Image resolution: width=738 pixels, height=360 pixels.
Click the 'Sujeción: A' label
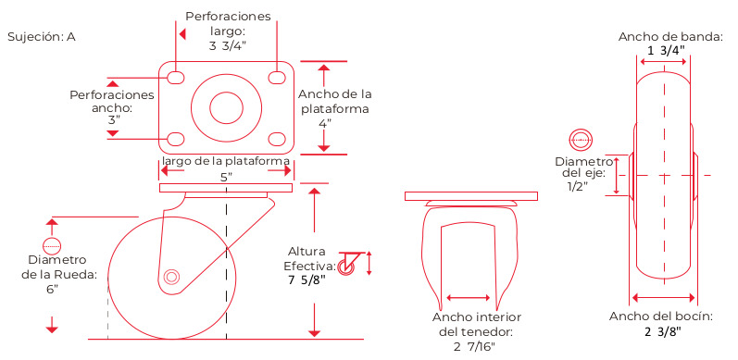42,37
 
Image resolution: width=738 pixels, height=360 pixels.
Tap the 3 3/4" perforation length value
228,46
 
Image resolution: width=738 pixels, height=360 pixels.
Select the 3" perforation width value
114,120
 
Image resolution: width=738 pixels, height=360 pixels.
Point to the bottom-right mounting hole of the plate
277,140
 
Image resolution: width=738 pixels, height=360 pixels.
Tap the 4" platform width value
325,124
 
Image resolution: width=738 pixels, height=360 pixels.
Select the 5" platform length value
227,178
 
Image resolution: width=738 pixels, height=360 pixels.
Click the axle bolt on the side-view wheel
171,277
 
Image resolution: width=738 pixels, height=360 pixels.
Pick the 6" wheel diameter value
52,290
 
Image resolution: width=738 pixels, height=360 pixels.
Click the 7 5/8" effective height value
306,280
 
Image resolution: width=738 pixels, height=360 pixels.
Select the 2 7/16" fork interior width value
474,347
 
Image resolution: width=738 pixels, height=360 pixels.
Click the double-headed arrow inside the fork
469,297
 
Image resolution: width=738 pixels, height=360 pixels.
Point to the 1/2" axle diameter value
578,186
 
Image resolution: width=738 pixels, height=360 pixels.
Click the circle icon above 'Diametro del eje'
581,140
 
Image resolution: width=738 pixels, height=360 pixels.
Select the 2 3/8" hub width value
663,331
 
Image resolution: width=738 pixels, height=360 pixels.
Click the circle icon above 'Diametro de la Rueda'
52,245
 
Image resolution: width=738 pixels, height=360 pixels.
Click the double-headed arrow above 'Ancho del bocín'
663,297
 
